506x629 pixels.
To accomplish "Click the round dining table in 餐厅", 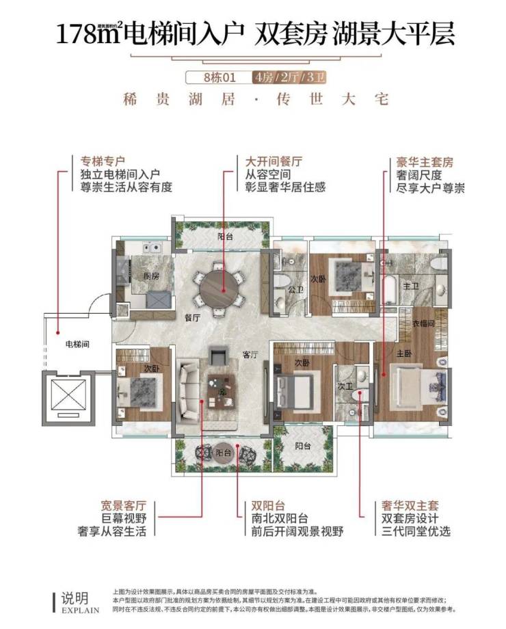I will (217, 287).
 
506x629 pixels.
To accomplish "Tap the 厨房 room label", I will (151, 276).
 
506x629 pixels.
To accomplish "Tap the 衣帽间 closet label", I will (422, 324).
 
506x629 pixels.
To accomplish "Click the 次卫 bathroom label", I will (344, 386).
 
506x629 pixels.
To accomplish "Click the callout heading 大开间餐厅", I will (274, 162).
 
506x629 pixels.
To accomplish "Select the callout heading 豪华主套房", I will (425, 162).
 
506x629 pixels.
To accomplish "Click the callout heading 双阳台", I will (267, 507).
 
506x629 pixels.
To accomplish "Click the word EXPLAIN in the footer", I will (80, 609).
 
